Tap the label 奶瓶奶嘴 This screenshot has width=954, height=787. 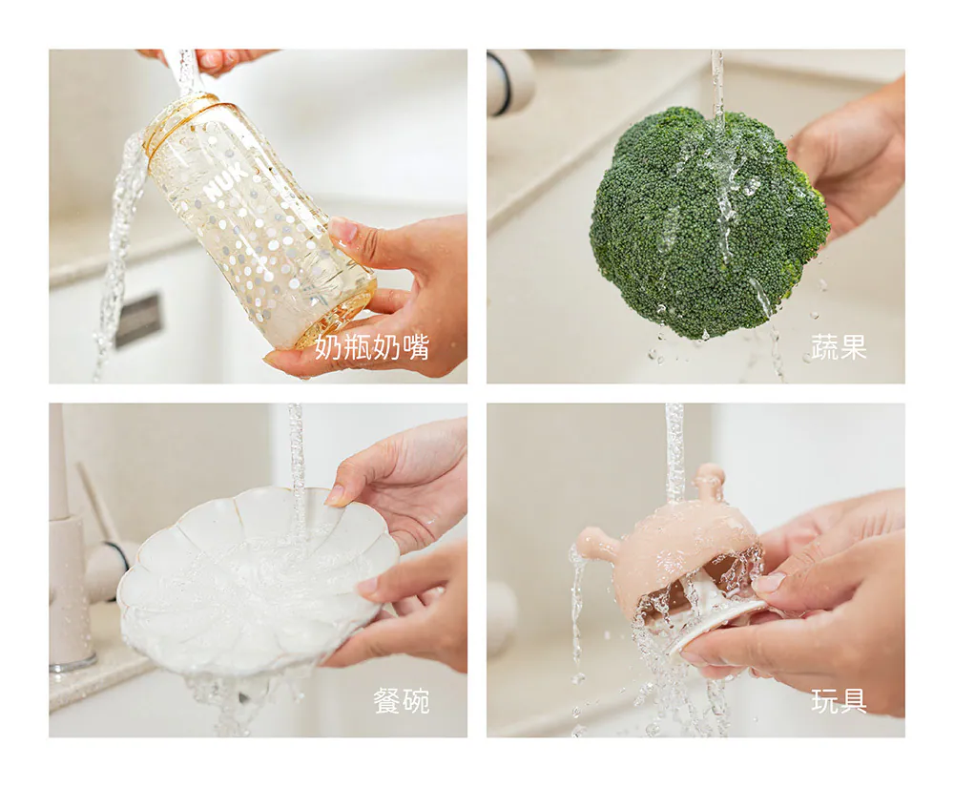372,346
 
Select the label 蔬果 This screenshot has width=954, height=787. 839,346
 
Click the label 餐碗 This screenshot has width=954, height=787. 402,700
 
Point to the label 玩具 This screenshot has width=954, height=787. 839,700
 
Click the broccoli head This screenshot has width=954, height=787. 710,222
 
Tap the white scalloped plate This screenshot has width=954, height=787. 257,580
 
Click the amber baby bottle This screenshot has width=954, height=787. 258,219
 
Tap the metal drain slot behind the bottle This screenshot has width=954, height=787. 139,320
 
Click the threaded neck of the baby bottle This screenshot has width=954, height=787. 182,116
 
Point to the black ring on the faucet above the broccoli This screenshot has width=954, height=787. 499,83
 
